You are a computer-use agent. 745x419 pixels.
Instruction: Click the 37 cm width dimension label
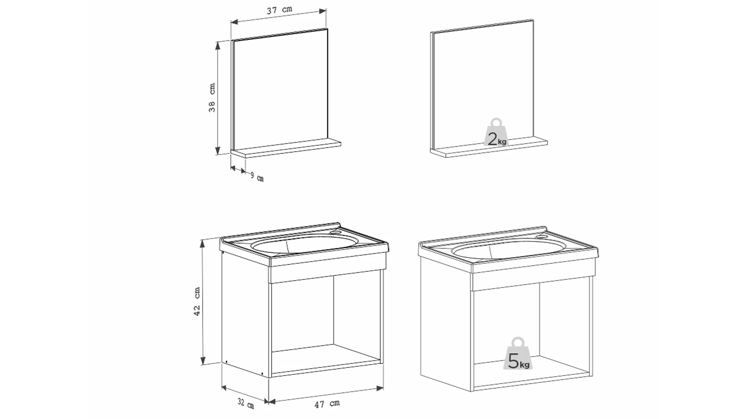(x=279, y=10)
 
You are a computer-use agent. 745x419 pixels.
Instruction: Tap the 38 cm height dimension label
(x=212, y=98)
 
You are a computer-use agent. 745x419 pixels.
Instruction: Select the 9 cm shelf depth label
(x=257, y=177)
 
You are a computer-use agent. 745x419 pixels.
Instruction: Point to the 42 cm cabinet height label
(x=197, y=301)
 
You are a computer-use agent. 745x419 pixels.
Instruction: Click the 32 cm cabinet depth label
(x=246, y=403)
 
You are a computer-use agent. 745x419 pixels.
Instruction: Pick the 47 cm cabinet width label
(x=327, y=404)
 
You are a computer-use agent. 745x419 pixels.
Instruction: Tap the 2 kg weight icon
(x=496, y=133)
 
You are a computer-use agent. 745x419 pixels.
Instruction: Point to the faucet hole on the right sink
(x=542, y=236)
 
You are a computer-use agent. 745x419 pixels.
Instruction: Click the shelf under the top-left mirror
(x=286, y=149)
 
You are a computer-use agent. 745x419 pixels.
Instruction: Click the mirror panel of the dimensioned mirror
(x=280, y=89)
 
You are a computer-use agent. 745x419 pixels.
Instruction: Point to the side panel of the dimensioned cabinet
(x=245, y=314)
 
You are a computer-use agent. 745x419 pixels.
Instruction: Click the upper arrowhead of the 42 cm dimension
(x=202, y=244)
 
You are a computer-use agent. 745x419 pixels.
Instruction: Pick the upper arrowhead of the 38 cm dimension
(x=217, y=46)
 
